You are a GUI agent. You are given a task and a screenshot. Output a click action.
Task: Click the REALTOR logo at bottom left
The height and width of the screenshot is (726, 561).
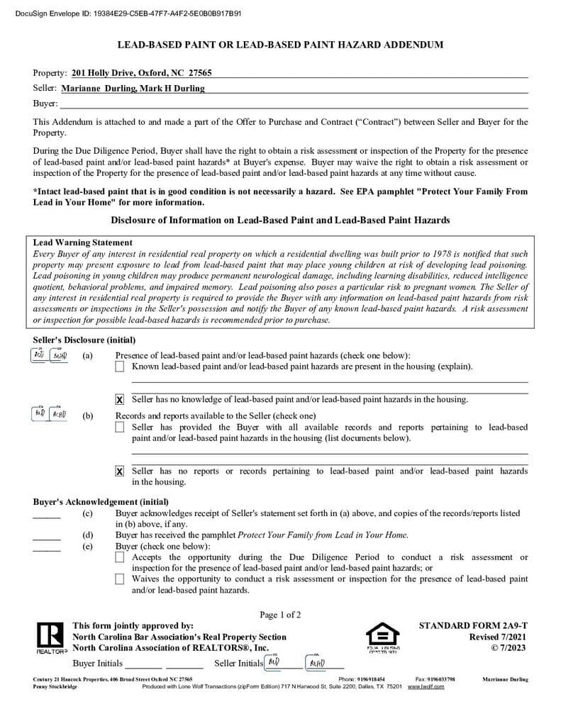49,637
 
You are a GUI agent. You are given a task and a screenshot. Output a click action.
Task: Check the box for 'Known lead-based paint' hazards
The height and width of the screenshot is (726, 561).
119,367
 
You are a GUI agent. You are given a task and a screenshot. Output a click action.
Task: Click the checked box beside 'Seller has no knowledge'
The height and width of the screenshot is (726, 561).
119,400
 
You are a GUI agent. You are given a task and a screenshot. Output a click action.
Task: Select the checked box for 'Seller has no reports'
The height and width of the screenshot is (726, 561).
119,471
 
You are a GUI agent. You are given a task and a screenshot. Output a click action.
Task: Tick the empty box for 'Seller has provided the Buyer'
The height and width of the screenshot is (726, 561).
119,428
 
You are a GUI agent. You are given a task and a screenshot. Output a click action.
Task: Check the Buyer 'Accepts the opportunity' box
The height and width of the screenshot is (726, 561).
119,558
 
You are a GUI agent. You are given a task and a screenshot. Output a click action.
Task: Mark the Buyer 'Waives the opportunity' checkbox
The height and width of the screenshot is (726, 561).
119,579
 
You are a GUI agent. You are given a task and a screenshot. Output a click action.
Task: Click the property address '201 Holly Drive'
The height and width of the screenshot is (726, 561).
141,73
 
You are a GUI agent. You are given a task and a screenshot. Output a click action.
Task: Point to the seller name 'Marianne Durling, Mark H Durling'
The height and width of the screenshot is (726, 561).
133,89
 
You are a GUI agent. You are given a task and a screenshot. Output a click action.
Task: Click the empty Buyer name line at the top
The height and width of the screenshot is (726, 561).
284,104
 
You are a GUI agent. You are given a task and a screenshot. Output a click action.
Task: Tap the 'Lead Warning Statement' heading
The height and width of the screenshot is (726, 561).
82,242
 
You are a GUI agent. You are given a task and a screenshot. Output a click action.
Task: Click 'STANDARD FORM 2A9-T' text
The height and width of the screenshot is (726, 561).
473,626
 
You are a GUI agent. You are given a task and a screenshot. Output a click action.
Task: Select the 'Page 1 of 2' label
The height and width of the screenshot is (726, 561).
280,615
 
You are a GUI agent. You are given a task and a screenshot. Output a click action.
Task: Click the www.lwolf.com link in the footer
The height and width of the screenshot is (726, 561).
426,687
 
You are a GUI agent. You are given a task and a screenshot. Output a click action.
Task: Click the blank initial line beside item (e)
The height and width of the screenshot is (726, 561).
47,549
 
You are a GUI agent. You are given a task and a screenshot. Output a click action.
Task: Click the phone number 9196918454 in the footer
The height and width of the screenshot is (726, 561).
372,679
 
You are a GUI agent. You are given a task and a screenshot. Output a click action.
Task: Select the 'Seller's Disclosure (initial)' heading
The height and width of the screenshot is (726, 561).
84,340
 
